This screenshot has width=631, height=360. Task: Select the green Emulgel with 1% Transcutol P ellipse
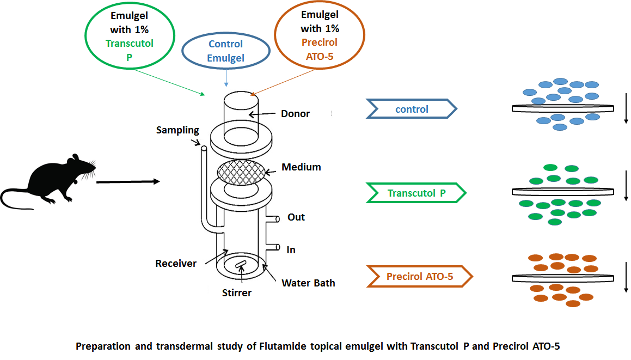130,36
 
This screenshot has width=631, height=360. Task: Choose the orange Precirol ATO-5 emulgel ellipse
319,35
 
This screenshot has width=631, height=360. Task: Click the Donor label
295,114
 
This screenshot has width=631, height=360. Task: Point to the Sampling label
177,130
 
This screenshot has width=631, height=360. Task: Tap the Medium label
301,167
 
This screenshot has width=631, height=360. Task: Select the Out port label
296,217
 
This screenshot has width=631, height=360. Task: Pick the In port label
291,250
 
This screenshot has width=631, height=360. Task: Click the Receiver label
176,264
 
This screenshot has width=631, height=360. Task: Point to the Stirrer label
237,293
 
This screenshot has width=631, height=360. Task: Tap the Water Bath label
308,283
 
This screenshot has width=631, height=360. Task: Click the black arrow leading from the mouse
128,181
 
